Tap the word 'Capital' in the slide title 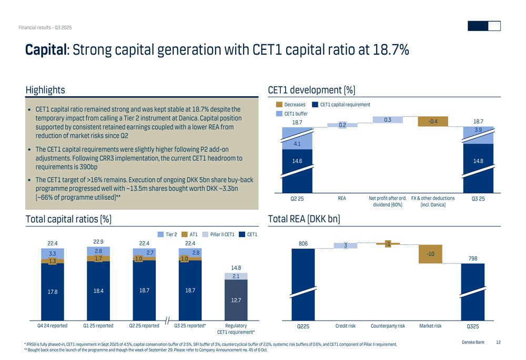coord(46,50)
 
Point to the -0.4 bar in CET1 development coord(433,121)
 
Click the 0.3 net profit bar coord(388,120)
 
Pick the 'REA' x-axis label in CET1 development coord(342,199)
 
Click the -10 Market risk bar coord(430,254)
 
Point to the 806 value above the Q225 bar coord(303,244)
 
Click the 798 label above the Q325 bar coord(473,258)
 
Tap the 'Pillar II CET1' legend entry coord(221,234)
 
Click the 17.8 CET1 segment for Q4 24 coord(52,292)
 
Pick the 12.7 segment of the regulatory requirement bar coord(236,300)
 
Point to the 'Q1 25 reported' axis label coord(98,326)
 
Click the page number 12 coord(498,343)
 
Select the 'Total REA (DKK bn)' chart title coord(304,219)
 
